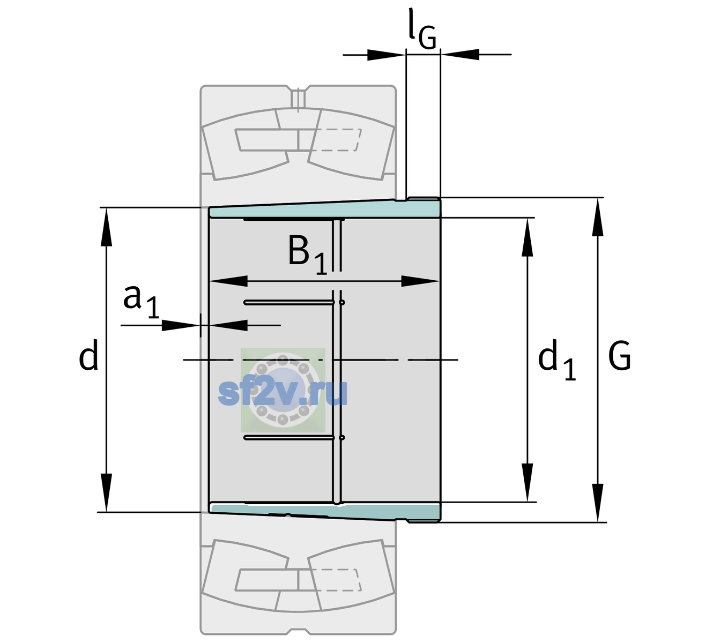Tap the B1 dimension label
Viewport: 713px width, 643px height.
point(307,254)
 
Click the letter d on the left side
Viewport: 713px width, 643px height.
point(88,355)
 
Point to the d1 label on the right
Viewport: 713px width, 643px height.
point(556,359)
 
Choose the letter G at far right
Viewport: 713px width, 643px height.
point(620,355)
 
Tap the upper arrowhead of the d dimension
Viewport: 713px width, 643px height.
point(106,227)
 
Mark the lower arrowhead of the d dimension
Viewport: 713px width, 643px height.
point(106,492)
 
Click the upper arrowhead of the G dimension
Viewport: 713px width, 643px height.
point(598,217)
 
